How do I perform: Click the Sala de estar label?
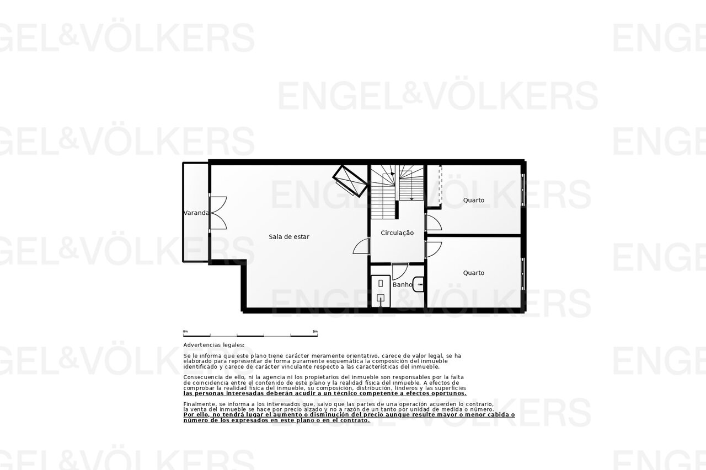(x=289, y=237)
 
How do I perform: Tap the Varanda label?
(x=196, y=213)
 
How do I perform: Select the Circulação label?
(x=397, y=233)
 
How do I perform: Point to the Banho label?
(x=403, y=284)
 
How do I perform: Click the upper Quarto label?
(x=474, y=200)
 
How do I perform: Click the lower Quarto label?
(x=474, y=273)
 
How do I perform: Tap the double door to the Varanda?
(x=218, y=213)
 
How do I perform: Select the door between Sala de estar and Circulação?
(x=361, y=246)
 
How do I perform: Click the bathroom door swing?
(x=400, y=271)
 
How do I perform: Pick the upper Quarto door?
(x=434, y=222)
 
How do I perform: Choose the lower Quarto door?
(x=434, y=250)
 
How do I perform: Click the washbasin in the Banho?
(x=419, y=284)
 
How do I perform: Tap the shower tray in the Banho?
(x=381, y=291)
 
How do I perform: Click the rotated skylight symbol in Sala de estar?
(x=350, y=181)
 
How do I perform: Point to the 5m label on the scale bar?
(x=315, y=332)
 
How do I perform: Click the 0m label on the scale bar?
(x=185, y=332)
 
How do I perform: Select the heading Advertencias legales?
(x=213, y=345)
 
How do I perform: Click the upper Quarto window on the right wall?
(x=522, y=190)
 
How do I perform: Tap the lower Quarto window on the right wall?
(x=522, y=273)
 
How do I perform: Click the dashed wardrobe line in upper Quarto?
(x=440, y=185)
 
